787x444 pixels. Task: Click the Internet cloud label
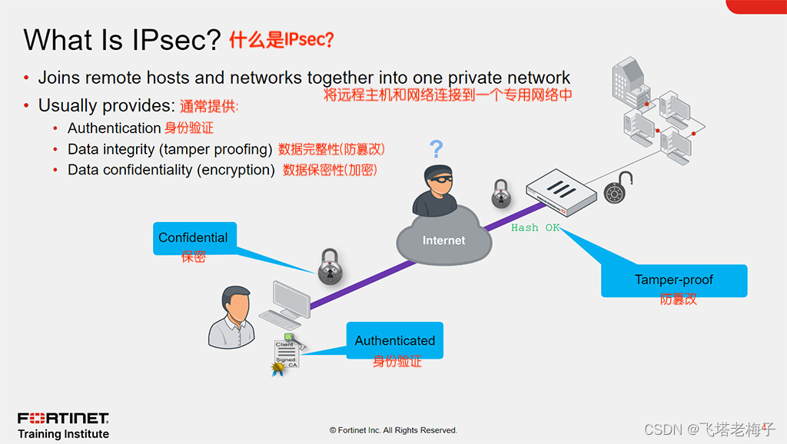[x=443, y=240]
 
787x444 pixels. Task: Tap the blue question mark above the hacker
[x=436, y=148]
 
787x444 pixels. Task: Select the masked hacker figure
[x=434, y=190]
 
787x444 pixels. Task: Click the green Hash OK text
[x=536, y=228]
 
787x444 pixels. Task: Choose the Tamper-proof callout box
[x=673, y=280]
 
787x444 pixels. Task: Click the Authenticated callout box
[x=395, y=340]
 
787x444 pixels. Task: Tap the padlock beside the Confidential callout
[x=329, y=263]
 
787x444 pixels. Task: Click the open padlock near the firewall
[x=619, y=188]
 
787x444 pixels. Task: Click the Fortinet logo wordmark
[x=64, y=419]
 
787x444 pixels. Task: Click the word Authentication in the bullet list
[x=114, y=128]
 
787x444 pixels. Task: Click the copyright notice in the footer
[x=393, y=430]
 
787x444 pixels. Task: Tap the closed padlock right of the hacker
[x=501, y=193]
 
